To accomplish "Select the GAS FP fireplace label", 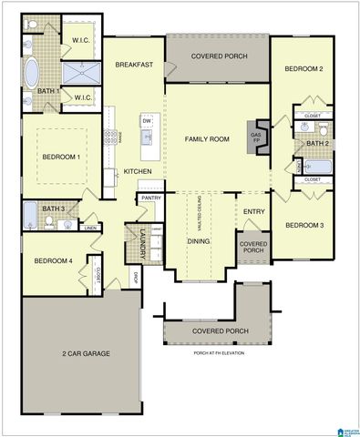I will pyautogui.click(x=255, y=137).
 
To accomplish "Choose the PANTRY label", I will pyautogui.click(x=151, y=198).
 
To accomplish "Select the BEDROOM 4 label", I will pyautogui.click(x=52, y=261).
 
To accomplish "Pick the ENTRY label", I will pyautogui.click(x=253, y=212).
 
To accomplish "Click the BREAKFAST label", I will pyautogui.click(x=133, y=65).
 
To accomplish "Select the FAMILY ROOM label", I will pyautogui.click(x=207, y=138).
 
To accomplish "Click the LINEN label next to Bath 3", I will pyautogui.click(x=90, y=228).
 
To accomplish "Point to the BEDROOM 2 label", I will pyautogui.click(x=303, y=69).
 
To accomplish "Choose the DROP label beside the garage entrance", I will pyautogui.click(x=134, y=277).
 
